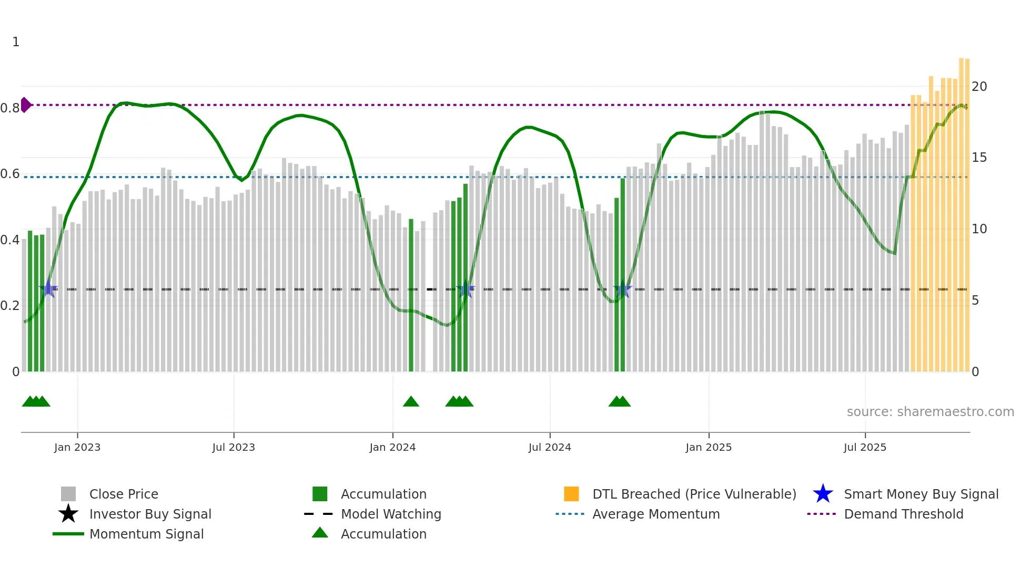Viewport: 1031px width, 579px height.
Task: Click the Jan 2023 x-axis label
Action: click(77, 447)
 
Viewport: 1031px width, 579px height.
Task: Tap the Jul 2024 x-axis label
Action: click(550, 447)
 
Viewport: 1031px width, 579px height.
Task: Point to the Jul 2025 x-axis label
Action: click(865, 447)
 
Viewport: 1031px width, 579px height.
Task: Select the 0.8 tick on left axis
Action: click(10, 108)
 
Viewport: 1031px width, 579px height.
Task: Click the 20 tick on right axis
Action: click(979, 87)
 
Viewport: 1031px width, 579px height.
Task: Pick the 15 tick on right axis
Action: click(979, 158)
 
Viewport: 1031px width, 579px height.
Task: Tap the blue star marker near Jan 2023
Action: click(49, 289)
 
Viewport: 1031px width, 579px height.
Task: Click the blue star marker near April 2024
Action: click(466, 289)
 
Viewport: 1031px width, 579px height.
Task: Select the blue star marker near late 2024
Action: click(622, 289)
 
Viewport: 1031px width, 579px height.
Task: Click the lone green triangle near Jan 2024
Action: click(411, 402)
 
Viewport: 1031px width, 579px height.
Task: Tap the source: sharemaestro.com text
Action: click(930, 412)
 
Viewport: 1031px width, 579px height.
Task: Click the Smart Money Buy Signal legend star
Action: click(823, 494)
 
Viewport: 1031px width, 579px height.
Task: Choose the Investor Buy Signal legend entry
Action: click(150, 514)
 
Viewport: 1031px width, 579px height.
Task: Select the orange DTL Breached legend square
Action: click(571, 494)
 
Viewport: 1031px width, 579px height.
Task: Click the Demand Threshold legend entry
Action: click(903, 514)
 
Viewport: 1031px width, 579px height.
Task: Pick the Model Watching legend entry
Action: click(390, 514)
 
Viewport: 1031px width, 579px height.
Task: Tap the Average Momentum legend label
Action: click(656, 514)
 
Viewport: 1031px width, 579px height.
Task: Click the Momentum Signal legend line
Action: click(68, 534)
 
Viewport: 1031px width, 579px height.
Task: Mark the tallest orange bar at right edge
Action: click(961, 210)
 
